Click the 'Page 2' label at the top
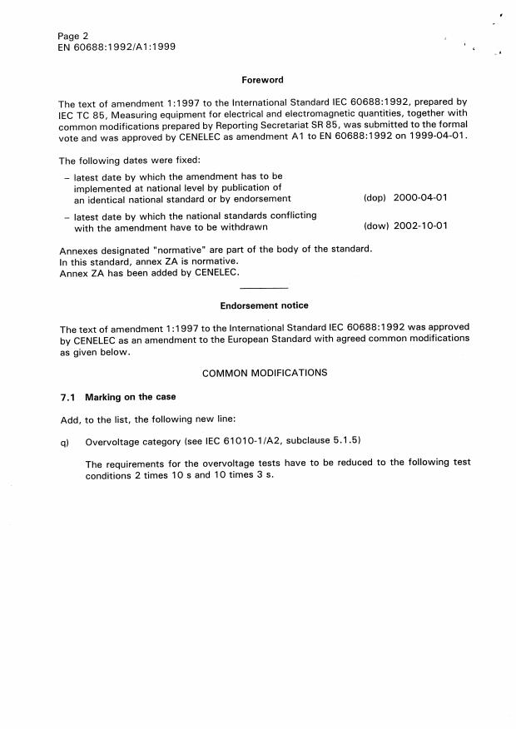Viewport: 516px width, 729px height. [73, 36]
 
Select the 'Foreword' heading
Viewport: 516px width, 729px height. [262, 80]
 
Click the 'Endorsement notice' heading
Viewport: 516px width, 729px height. [263, 305]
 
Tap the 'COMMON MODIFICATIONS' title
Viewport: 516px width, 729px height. [265, 373]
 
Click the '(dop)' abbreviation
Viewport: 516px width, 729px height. [375, 199]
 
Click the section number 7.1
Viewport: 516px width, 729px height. [67, 397]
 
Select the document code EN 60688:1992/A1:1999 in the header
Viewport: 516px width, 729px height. [116, 47]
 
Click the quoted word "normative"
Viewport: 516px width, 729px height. [185, 250]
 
